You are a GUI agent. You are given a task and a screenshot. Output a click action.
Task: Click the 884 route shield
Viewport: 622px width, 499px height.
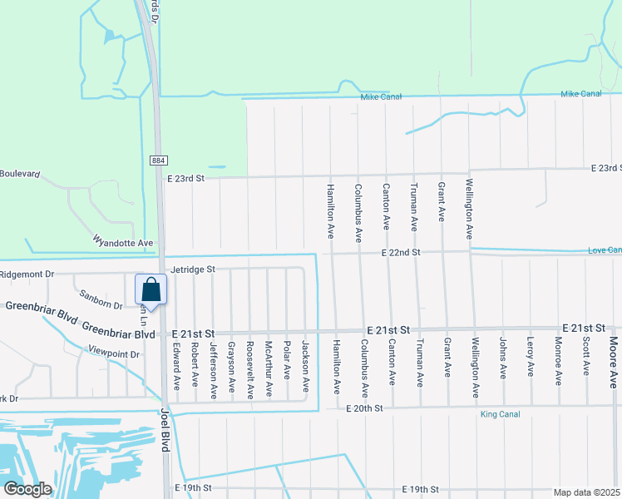158,160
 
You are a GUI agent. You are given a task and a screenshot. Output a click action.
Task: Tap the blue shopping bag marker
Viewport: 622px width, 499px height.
151,290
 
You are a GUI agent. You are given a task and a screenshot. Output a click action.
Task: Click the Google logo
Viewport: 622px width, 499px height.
27,489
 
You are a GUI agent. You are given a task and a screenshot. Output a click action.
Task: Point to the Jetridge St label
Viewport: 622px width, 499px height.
193,269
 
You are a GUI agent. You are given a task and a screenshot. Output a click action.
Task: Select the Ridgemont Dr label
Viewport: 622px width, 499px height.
27,274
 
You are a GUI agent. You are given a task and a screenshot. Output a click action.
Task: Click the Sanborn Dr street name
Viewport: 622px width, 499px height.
101,299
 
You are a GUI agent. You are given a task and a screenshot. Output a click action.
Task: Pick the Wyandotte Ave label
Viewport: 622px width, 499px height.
124,243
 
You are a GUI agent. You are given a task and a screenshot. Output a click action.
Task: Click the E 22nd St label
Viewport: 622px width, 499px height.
402,252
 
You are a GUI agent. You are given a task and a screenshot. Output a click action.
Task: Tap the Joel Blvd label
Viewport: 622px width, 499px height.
165,433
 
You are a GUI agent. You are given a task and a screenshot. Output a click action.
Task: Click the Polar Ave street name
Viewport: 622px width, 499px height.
287,358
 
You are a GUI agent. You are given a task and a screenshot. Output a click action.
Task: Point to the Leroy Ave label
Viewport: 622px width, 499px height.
531,357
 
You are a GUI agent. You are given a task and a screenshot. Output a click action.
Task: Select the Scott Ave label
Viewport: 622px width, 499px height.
586,354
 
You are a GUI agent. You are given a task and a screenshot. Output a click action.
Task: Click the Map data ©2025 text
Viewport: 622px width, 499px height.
586,492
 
